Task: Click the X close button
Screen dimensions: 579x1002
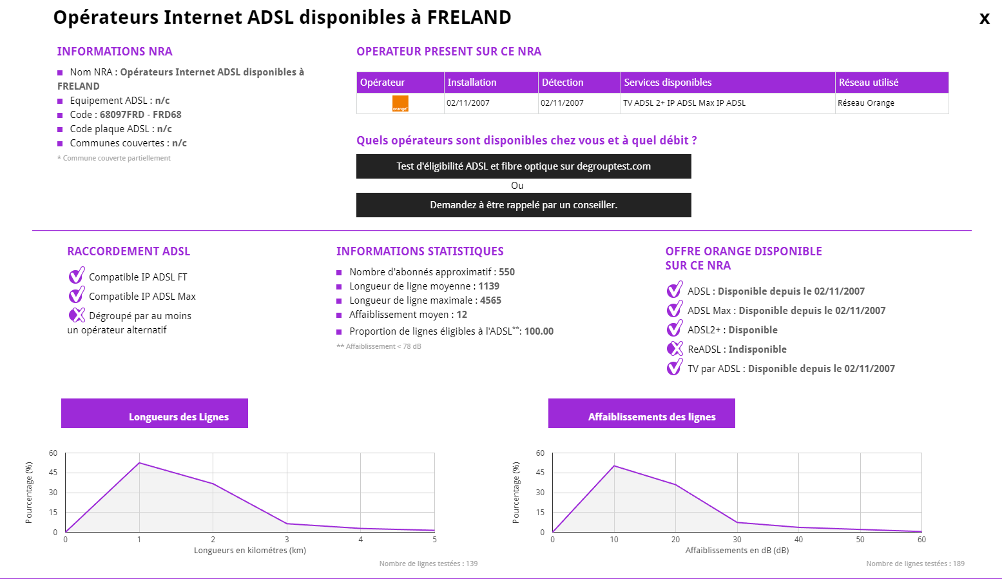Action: pos(984,19)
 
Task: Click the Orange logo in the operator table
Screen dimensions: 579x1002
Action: pos(400,103)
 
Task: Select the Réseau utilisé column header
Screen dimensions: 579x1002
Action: pos(868,83)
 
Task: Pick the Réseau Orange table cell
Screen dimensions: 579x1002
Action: pos(865,103)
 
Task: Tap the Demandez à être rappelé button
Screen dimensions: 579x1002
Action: pos(523,205)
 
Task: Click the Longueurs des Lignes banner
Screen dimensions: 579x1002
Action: pos(155,413)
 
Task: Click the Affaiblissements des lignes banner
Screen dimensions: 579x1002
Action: pos(641,413)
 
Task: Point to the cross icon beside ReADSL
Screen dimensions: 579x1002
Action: pos(675,349)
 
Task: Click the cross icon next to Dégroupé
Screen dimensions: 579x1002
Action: pos(77,315)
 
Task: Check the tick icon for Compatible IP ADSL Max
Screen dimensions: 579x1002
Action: pos(77,295)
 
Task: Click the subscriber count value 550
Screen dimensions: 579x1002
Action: pos(506,272)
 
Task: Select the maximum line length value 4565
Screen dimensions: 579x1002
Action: pos(490,300)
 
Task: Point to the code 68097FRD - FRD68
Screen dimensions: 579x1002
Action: pos(140,115)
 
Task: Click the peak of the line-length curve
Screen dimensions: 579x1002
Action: pos(139,463)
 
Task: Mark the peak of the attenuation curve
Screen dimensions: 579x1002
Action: pos(614,466)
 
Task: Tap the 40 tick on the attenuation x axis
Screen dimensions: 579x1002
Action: pos(798,540)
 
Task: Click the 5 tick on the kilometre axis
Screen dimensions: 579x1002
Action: pos(434,540)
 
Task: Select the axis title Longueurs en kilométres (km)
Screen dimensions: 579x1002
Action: pos(250,551)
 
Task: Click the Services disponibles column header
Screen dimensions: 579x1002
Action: pos(668,83)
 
